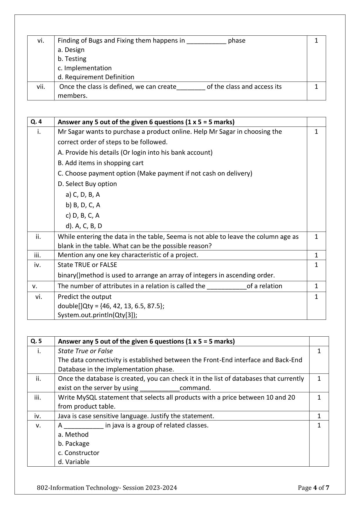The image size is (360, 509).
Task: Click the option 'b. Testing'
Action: click(72, 59)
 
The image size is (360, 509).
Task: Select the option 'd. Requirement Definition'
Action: click(96, 77)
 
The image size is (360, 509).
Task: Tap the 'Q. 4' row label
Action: click(36, 122)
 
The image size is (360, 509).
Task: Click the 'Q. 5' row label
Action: click(36, 341)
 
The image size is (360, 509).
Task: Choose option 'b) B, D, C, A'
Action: click(83, 205)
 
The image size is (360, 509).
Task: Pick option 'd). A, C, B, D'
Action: click(84, 226)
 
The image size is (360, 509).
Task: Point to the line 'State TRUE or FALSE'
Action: click(87, 265)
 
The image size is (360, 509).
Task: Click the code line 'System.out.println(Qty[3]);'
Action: click(97, 315)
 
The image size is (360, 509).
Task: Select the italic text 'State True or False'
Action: click(85, 351)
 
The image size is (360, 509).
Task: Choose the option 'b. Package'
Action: click(74, 444)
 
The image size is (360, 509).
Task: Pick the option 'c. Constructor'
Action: click(79, 453)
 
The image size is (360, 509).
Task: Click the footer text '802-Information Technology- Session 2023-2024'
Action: click(107, 488)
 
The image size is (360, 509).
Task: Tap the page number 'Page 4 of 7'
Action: click(313, 488)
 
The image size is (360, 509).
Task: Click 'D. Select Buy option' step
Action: click(87, 184)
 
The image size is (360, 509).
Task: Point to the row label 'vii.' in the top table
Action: click(41, 87)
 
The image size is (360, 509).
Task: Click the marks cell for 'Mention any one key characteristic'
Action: click(316, 255)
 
